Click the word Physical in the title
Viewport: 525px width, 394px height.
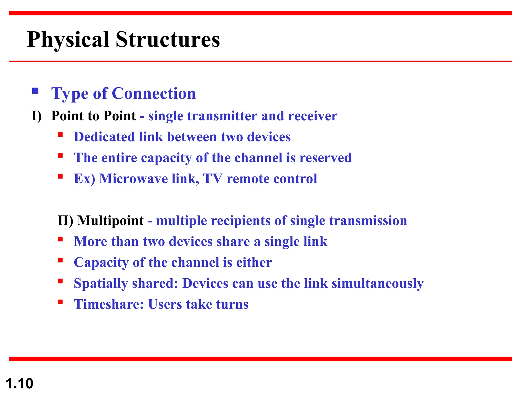68,40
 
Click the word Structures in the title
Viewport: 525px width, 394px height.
168,40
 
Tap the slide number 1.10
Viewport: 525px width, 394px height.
19,383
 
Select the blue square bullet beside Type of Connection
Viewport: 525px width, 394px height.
35,91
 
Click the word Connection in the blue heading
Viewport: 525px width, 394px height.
154,93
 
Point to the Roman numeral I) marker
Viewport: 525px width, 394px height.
37,116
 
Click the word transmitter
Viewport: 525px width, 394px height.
222,116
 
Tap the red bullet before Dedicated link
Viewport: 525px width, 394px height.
60,135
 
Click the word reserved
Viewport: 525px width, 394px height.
326,158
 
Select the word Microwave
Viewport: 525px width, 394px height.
133,179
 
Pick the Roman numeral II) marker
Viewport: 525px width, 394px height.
65,221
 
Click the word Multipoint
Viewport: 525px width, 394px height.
110,221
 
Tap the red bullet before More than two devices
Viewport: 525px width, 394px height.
60,239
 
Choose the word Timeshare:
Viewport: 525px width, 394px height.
109,304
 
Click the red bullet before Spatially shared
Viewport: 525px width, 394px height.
60,281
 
